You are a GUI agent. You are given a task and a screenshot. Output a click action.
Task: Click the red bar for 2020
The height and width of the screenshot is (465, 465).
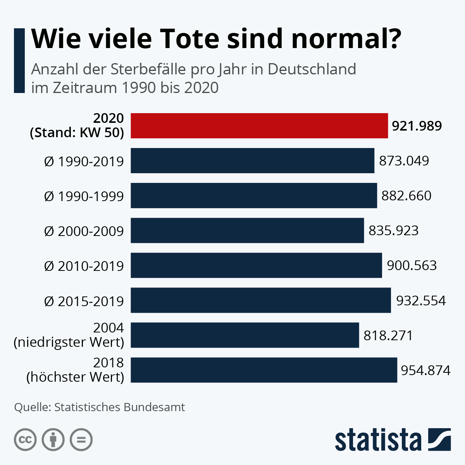[259, 126]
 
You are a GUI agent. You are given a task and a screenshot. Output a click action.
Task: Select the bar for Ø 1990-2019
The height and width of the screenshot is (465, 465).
[252, 160]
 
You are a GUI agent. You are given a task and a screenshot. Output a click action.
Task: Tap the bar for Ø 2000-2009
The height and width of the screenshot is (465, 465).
[247, 230]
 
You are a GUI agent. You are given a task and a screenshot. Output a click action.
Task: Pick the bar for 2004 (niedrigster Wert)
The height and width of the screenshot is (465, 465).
[245, 335]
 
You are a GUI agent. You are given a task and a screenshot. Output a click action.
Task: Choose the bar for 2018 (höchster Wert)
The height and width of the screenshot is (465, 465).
[263, 370]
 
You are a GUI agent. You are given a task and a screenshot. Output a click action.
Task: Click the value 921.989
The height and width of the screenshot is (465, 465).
[417, 126]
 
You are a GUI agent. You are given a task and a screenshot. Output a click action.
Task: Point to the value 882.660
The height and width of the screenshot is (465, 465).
[406, 196]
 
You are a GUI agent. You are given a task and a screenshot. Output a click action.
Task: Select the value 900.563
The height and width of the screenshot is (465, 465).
[412, 265]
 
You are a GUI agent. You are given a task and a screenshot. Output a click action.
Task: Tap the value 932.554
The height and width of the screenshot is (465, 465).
[421, 300]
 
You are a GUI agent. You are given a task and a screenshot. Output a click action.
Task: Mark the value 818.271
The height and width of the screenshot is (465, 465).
[388, 335]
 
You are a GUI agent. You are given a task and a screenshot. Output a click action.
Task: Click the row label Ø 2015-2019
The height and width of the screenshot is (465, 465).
[84, 301]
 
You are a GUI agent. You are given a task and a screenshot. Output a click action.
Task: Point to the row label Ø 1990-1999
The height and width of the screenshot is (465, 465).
[84, 196]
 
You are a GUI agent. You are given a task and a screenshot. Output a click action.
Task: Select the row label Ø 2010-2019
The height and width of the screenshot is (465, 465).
[84, 266]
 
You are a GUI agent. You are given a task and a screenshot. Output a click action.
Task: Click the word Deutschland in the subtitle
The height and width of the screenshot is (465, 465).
[312, 69]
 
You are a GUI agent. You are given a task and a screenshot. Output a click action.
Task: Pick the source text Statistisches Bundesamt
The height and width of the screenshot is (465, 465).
[120, 407]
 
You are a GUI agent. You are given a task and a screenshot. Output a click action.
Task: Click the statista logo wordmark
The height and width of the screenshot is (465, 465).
[378, 440]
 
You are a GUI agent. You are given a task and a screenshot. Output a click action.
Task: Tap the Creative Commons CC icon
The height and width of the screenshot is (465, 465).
[25, 440]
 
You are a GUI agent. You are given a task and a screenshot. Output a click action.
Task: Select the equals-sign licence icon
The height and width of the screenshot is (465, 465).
[81, 440]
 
